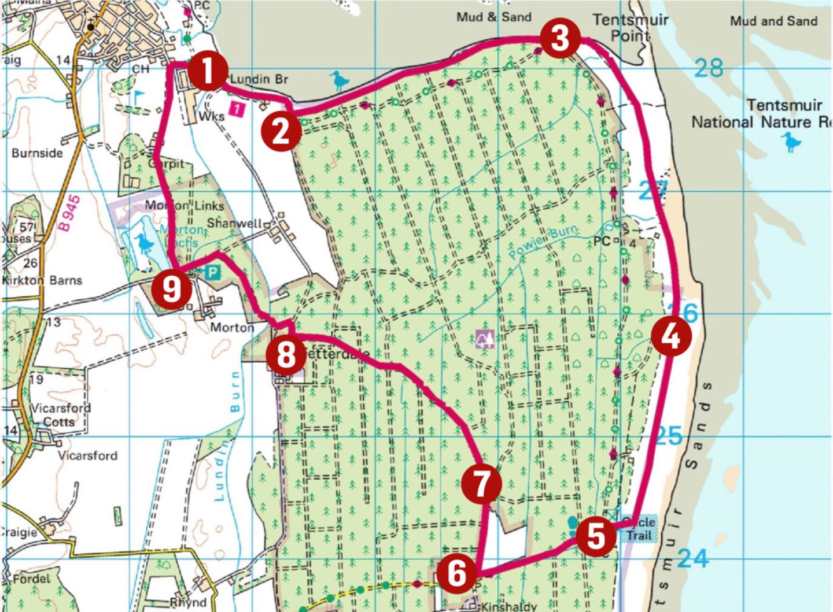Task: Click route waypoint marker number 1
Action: [207, 71]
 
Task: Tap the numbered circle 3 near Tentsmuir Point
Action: [560, 38]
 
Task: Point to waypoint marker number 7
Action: [481, 483]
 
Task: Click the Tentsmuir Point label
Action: [630, 27]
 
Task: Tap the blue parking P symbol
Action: [213, 272]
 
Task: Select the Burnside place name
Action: [37, 153]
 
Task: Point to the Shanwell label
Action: [234, 223]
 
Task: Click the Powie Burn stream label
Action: [543, 242]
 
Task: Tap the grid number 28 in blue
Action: [709, 68]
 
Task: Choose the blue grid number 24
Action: [692, 558]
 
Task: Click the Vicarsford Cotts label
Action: [60, 414]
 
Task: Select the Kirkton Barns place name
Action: [42, 280]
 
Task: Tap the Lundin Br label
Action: [259, 79]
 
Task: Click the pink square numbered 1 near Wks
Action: [237, 108]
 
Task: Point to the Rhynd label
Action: [188, 602]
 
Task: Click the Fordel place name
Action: [30, 578]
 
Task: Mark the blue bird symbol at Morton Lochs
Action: [144, 244]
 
